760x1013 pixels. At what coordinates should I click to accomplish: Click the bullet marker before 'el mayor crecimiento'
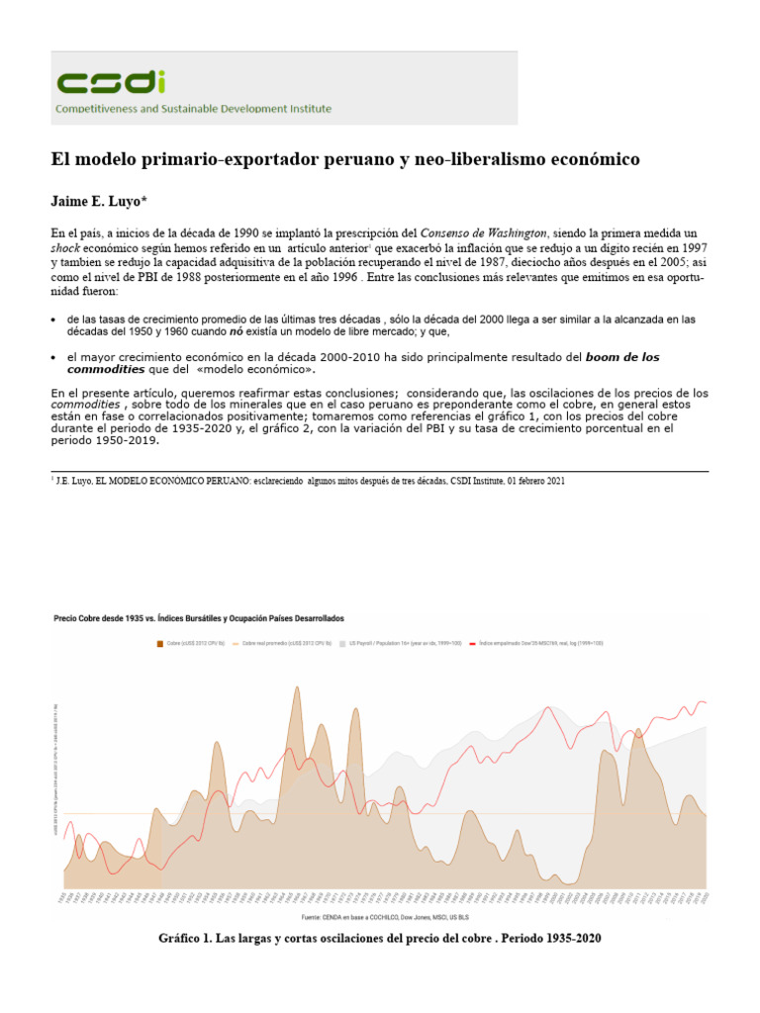[52, 356]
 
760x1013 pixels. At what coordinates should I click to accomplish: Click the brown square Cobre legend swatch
[159, 643]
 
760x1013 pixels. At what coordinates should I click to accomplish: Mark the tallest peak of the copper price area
[297, 690]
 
